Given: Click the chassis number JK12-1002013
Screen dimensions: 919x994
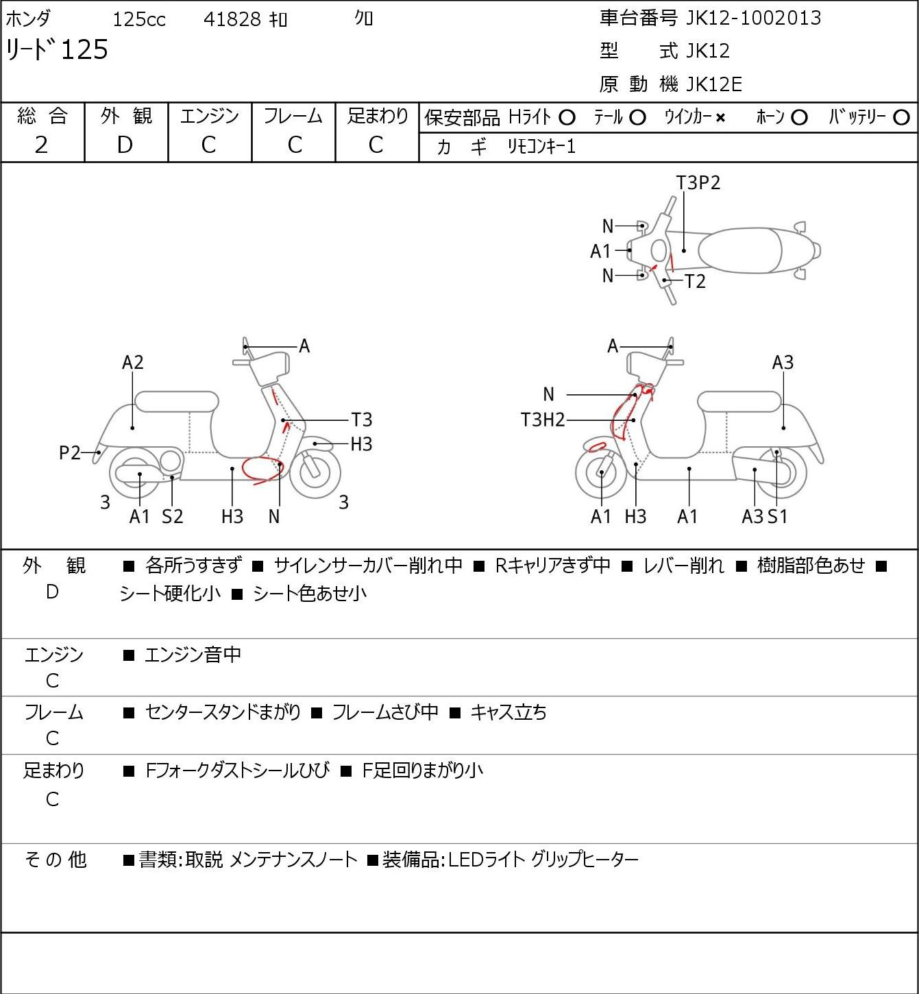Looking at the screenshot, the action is click(x=753, y=18).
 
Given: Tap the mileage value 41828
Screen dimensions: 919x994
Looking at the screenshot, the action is click(x=232, y=19).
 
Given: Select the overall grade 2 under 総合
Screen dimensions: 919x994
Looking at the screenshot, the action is click(x=41, y=145).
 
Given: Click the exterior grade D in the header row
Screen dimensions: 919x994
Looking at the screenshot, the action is click(x=125, y=145).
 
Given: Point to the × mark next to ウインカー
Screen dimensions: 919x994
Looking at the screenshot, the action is click(x=720, y=118).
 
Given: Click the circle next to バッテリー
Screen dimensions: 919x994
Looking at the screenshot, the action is click(x=901, y=118).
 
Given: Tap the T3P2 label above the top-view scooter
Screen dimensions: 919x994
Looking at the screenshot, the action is click(x=698, y=183).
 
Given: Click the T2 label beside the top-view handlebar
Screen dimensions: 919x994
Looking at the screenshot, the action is click(x=695, y=281).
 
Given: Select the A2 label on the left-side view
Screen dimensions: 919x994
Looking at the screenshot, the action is click(x=133, y=362).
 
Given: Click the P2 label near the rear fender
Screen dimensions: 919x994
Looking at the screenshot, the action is click(x=70, y=452).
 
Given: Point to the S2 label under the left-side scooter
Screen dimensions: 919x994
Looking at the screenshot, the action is click(x=172, y=516).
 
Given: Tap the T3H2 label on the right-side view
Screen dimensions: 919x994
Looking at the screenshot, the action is click(x=543, y=420).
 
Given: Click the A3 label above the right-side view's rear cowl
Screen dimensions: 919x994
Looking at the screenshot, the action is click(x=783, y=362).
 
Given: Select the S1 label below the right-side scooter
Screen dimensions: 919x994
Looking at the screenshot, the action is click(x=777, y=516).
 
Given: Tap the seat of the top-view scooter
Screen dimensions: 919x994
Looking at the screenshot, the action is click(x=740, y=250).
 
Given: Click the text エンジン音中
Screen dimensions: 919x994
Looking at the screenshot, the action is click(x=193, y=655).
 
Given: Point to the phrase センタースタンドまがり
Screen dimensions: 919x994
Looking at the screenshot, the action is click(x=223, y=712).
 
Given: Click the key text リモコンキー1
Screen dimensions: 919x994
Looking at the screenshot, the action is click(x=541, y=147).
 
